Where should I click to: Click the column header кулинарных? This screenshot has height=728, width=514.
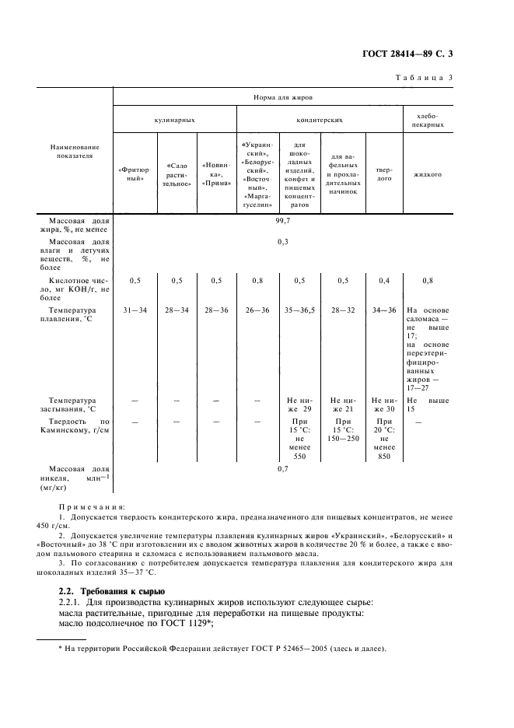[174, 121]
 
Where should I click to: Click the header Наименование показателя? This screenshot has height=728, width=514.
[75, 151]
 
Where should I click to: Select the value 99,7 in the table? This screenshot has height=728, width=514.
[282, 221]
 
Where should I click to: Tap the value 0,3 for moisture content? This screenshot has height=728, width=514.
[282, 242]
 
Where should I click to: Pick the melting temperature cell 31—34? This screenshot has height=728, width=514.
[135, 310]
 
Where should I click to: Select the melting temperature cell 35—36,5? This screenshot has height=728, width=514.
[299, 310]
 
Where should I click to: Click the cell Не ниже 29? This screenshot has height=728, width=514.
[299, 404]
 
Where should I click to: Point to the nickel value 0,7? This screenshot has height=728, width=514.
[282, 469]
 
